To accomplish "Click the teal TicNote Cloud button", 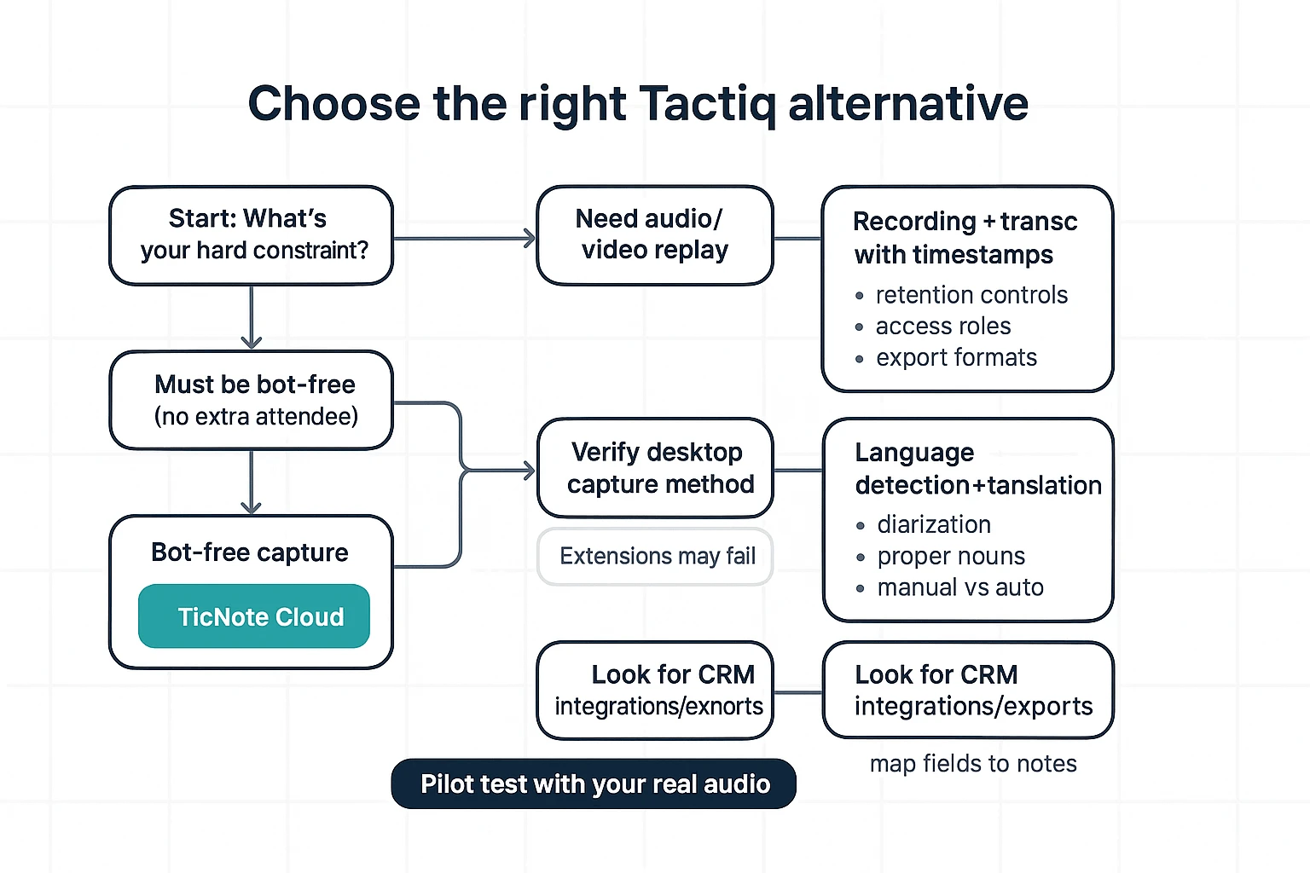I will [x=254, y=616].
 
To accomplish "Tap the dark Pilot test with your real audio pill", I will [x=594, y=783].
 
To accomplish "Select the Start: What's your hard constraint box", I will [x=251, y=234].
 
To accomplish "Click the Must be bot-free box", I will [x=251, y=400].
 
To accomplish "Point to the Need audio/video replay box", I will [x=654, y=234].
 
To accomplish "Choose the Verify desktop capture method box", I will [x=654, y=467].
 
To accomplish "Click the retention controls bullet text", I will [x=971, y=295].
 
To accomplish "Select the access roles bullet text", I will [x=942, y=327].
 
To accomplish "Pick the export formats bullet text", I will [x=955, y=358].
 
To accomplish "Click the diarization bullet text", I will [x=933, y=524].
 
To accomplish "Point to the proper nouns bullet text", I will [x=950, y=556].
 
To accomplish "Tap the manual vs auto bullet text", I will [x=959, y=587].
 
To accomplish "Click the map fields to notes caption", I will [x=972, y=764].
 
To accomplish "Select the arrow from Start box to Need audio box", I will [x=465, y=239].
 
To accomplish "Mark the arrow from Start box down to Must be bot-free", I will [x=251, y=318].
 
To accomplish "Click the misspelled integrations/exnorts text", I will [x=658, y=707].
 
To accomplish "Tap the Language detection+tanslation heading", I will [x=977, y=469].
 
